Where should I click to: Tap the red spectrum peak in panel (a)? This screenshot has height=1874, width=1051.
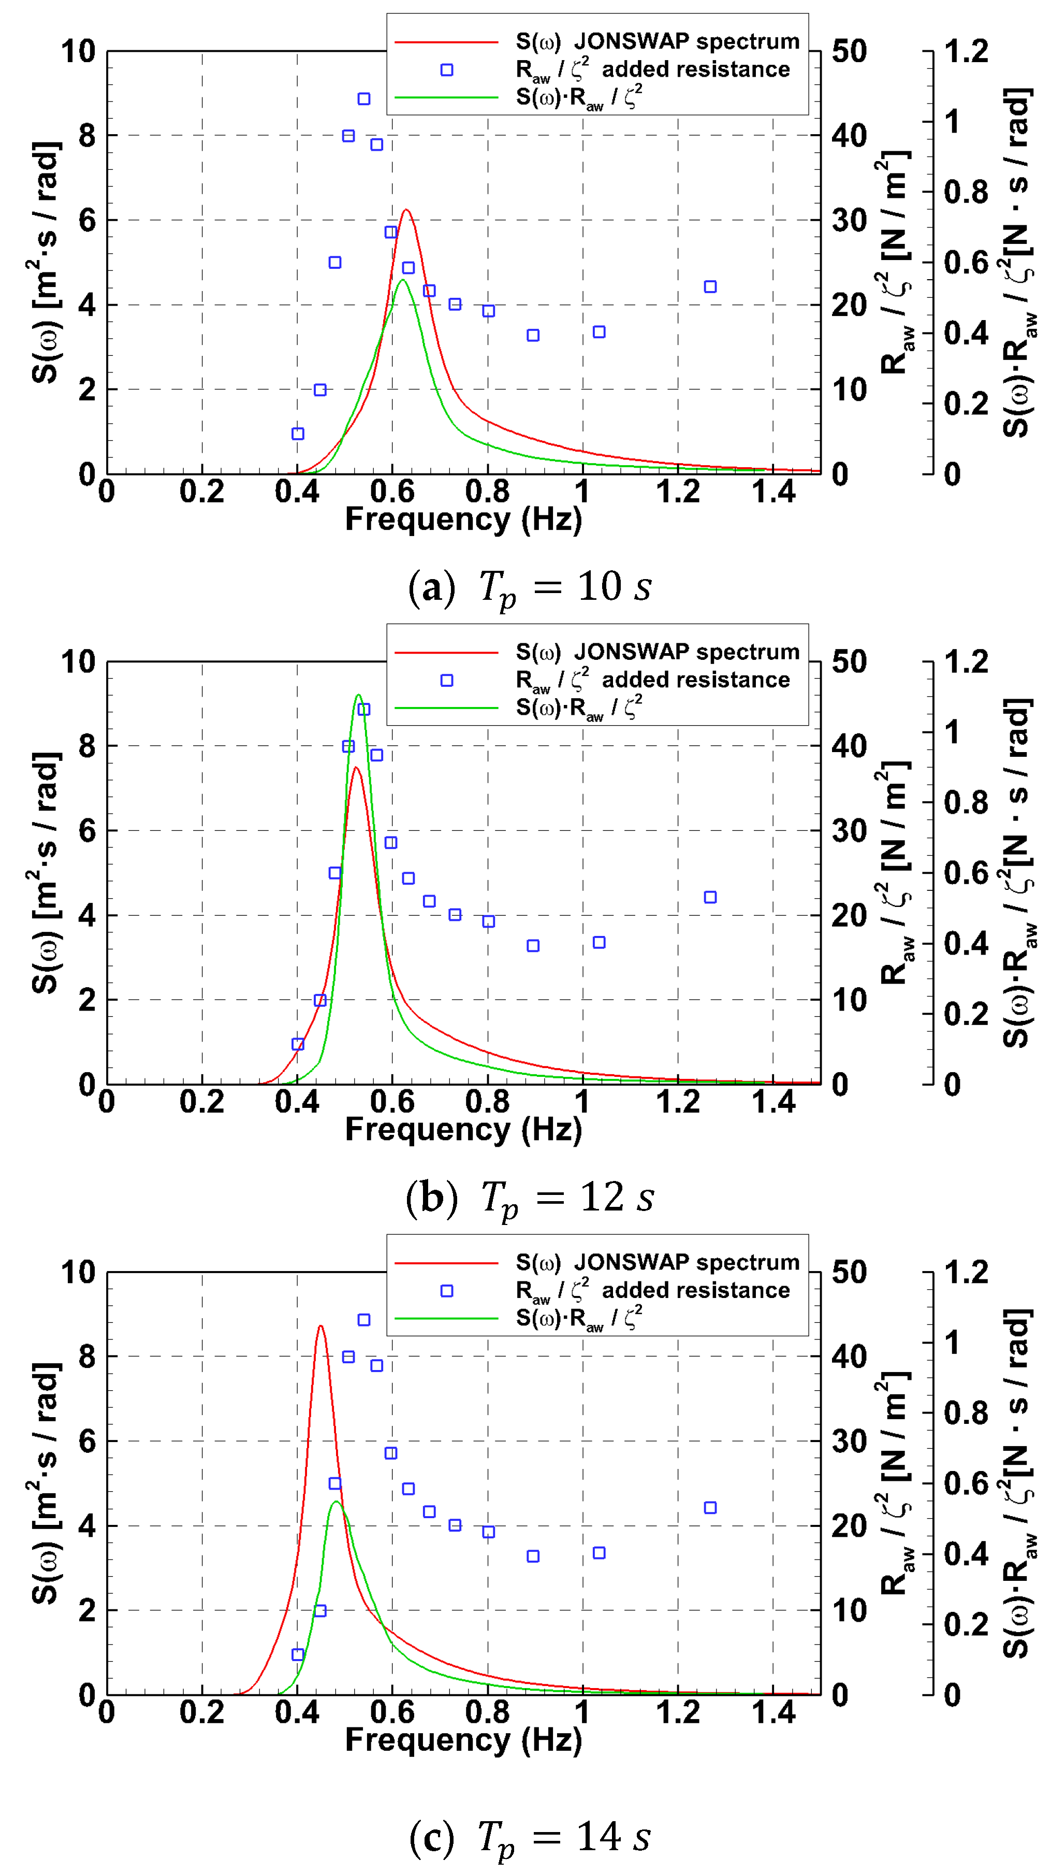pos(406,210)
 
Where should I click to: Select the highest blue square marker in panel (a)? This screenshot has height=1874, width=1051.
pos(363,99)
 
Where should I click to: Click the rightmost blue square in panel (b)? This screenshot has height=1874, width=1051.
pos(710,897)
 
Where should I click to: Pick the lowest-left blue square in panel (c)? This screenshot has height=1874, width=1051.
pos(298,1654)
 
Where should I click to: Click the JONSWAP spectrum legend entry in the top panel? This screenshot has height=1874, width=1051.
pos(657,41)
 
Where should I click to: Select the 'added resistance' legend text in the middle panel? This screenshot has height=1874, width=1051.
pos(695,680)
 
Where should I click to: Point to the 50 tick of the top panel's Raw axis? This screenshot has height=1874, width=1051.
pos(849,52)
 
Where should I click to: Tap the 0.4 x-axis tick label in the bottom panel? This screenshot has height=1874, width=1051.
pos(297,1712)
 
